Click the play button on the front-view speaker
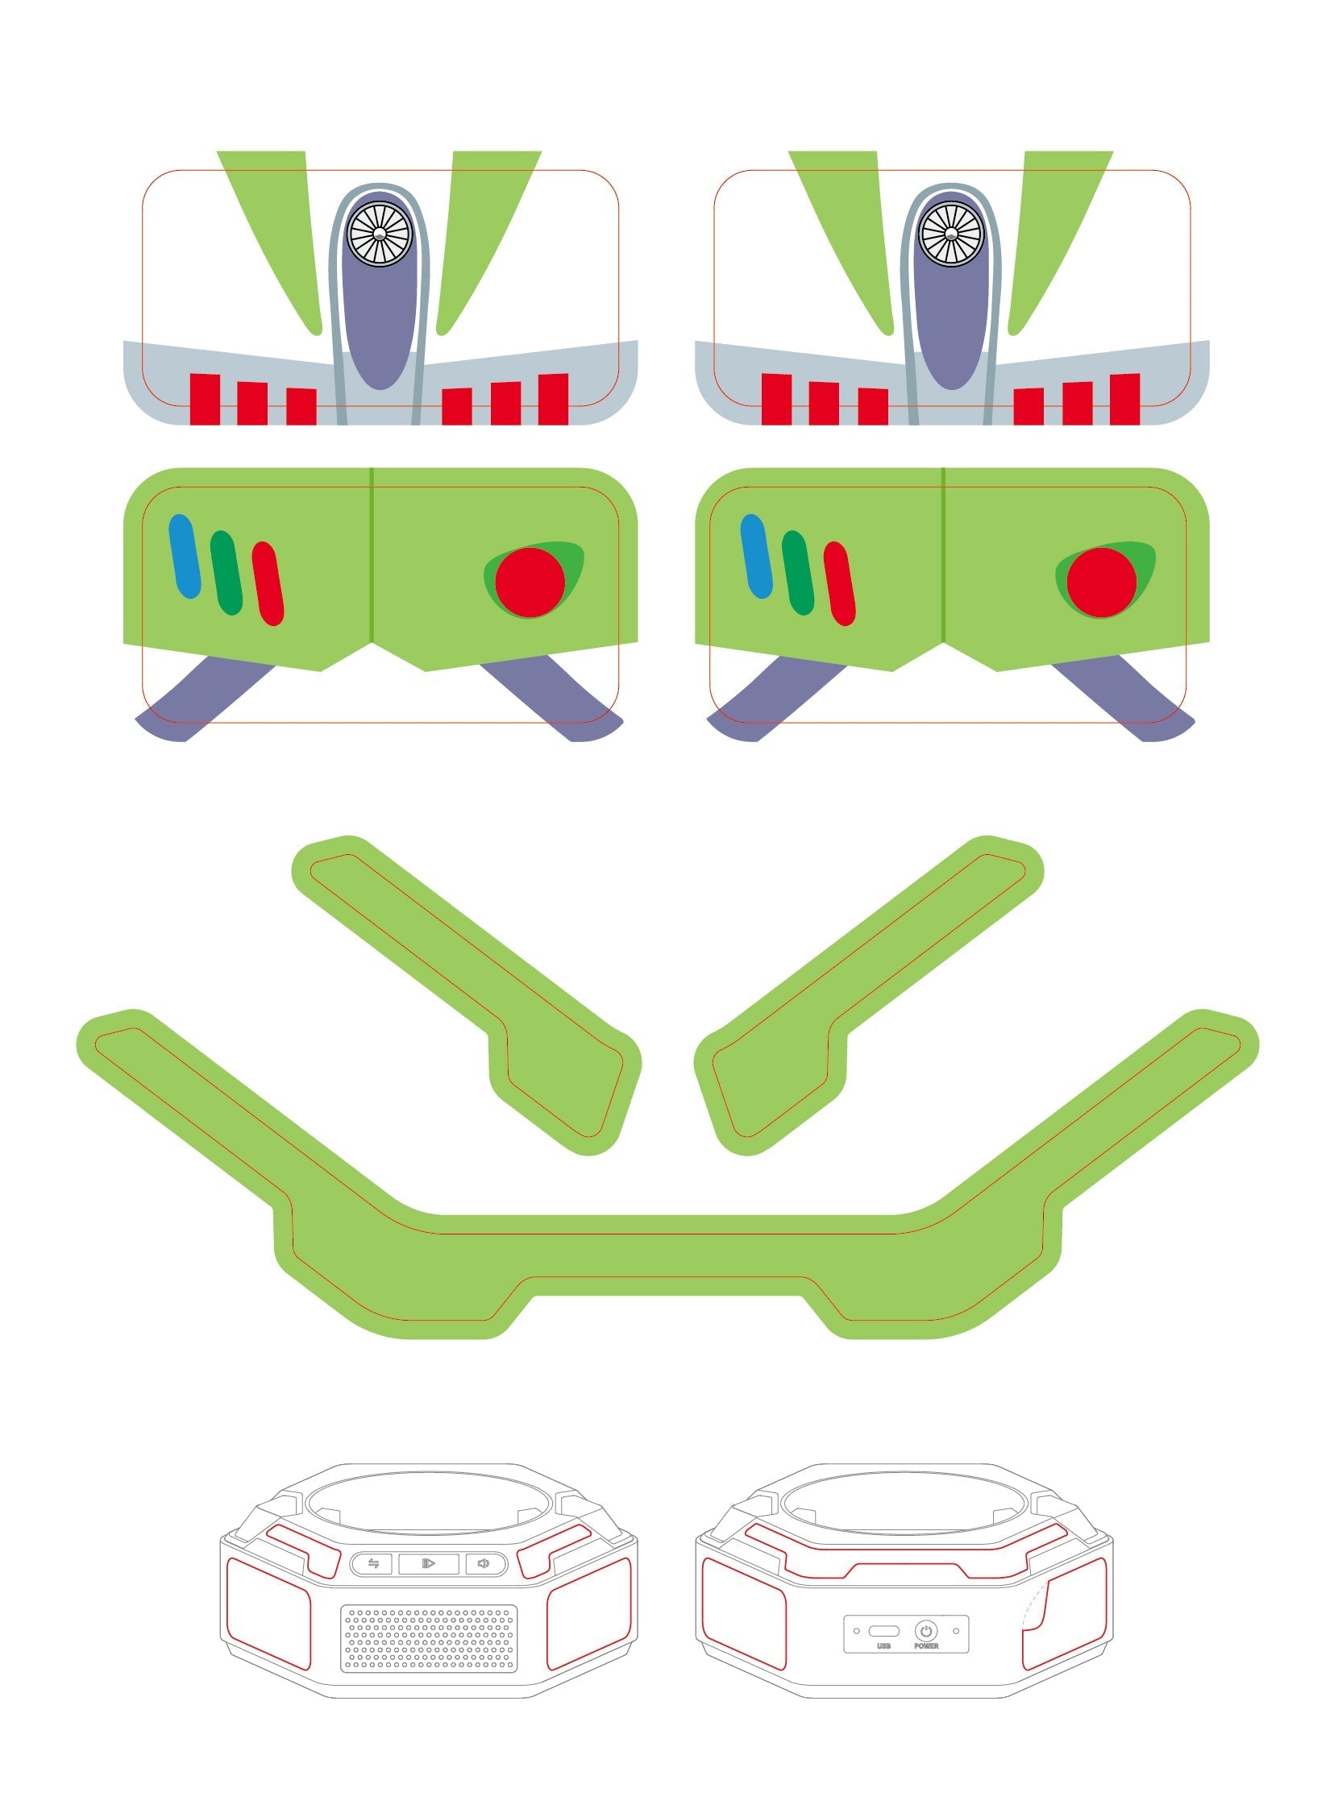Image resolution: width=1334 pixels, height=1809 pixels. [x=429, y=1563]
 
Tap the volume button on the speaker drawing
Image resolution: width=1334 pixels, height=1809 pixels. [x=483, y=1563]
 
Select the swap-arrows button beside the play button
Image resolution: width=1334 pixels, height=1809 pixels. [x=373, y=1563]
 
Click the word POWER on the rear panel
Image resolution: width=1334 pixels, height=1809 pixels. [x=926, y=1646]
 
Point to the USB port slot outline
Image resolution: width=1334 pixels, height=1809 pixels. [x=883, y=1631]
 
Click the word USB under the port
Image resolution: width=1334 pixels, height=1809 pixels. [x=883, y=1646]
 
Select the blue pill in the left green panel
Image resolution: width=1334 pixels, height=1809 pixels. [x=184, y=556]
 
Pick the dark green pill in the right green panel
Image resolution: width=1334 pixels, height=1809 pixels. [x=798, y=573]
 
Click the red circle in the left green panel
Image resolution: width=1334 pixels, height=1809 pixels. [x=530, y=582]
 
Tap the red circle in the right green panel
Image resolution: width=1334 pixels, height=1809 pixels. [x=1101, y=582]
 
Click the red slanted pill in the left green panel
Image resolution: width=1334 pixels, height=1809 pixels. [x=268, y=583]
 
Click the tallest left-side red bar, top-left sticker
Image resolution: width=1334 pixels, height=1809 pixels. [x=204, y=399]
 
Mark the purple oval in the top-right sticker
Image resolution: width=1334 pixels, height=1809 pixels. [x=951, y=323]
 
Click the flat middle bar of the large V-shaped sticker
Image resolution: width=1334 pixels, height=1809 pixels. [x=667, y=1255]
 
